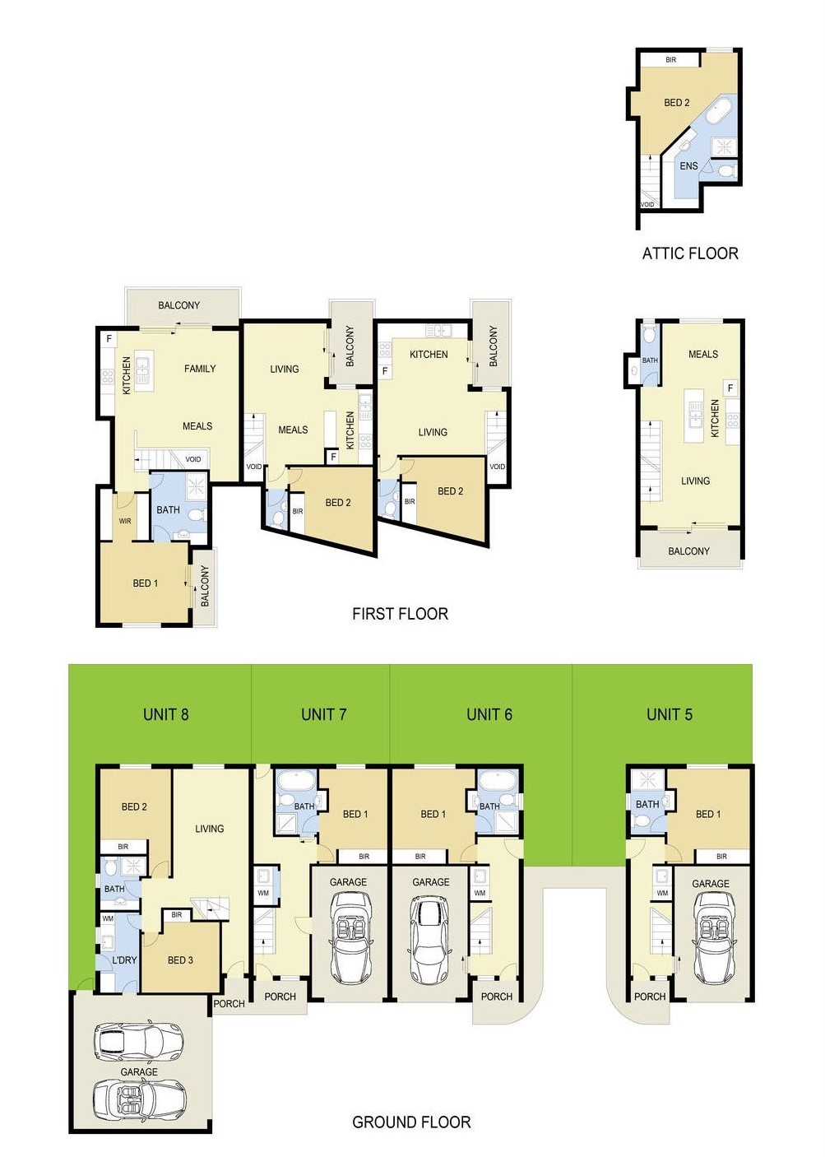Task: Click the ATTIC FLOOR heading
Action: click(x=689, y=253)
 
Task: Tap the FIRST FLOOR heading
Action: click(x=400, y=614)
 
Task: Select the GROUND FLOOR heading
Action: click(x=411, y=1122)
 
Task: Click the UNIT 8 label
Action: click(x=165, y=714)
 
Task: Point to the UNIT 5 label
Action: click(x=669, y=714)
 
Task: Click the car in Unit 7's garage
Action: click(x=348, y=938)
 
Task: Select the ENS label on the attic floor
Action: click(x=688, y=166)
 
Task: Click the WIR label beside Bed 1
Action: click(x=125, y=521)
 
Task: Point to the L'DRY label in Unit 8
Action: click(x=124, y=960)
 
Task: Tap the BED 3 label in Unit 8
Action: click(x=180, y=960)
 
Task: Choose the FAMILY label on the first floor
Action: click(x=200, y=369)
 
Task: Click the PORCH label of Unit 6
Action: click(x=496, y=997)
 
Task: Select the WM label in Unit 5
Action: click(x=662, y=893)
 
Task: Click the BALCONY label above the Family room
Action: click(x=178, y=305)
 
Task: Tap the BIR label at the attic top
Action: click(x=670, y=60)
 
